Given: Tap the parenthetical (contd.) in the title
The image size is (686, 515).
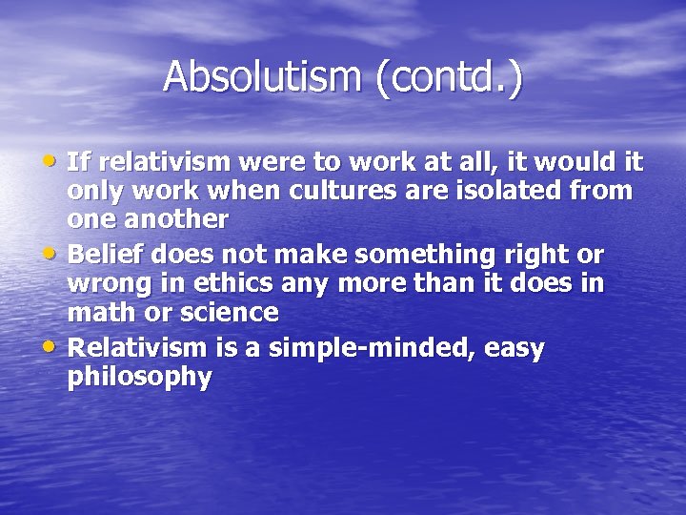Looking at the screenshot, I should click(450, 78).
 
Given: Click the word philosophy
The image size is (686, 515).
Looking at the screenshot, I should click(139, 378).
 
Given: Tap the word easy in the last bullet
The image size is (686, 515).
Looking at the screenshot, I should click(514, 349).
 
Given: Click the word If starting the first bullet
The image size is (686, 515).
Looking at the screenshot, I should click(79, 160).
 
